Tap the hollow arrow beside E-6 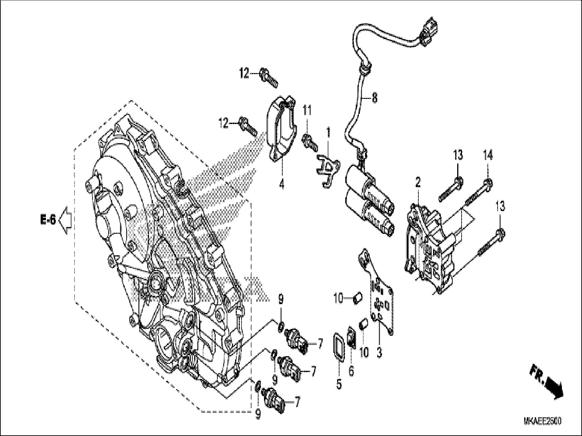coord(65,221)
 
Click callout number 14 coord(488,156)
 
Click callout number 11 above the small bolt coord(307,110)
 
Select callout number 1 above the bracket coord(328,133)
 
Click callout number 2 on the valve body coord(418,183)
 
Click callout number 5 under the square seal coord(339,384)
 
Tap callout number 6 coord(351,371)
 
